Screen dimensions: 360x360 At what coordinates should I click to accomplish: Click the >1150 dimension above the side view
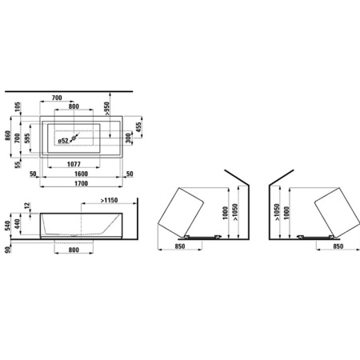pos(112,199)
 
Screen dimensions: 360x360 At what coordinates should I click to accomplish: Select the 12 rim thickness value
pos(28,207)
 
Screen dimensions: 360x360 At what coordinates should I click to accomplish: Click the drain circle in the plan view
pos(75,138)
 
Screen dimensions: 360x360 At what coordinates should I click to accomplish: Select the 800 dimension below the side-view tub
pos(74,250)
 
